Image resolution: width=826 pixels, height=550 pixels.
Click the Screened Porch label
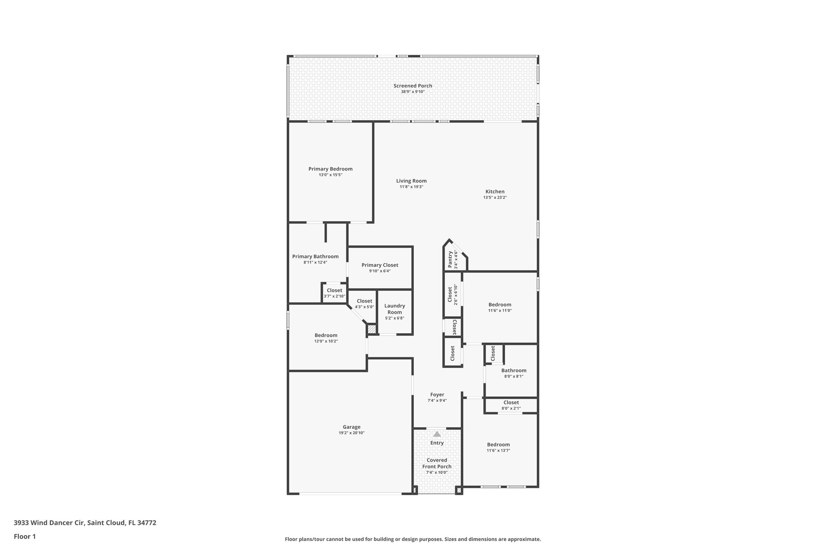click(413, 86)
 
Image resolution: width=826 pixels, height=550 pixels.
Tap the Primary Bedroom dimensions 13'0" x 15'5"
click(330, 175)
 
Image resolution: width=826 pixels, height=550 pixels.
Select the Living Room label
click(411, 181)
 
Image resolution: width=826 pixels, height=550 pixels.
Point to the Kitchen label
click(494, 192)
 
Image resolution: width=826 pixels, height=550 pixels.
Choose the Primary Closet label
click(380, 265)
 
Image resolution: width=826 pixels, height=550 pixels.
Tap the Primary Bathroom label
click(315, 257)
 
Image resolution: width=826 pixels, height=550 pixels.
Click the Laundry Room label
click(394, 309)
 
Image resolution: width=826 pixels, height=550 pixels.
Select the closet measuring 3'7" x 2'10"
click(334, 293)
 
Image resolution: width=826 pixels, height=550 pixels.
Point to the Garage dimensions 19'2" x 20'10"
click(351, 433)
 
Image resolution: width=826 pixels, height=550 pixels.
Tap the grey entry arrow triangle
click(437, 434)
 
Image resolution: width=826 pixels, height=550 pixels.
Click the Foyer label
click(437, 395)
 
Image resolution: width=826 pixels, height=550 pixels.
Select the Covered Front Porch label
click(437, 463)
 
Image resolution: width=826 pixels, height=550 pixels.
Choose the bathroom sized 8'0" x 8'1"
click(513, 373)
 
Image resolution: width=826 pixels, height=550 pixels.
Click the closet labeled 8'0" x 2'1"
click(511, 405)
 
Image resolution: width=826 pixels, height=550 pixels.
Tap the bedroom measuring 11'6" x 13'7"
click(498, 447)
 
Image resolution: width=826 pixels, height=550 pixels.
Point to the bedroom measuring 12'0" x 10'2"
click(326, 338)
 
